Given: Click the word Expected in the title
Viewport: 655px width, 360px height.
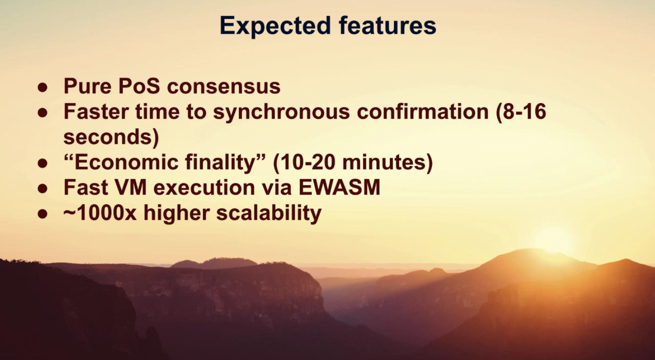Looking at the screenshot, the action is pyautogui.click(x=275, y=27).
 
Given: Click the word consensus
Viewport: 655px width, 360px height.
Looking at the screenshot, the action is pyautogui.click(x=224, y=87).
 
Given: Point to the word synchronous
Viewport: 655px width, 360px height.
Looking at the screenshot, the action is pyautogui.click(x=281, y=112).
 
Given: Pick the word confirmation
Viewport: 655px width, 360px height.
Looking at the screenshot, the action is pyautogui.click(x=423, y=112).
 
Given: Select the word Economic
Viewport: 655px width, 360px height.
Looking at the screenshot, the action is pyautogui.click(x=126, y=162).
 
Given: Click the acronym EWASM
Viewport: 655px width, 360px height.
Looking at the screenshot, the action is pyautogui.click(x=339, y=187).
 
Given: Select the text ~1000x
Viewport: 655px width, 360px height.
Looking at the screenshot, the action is pyautogui.click(x=100, y=213).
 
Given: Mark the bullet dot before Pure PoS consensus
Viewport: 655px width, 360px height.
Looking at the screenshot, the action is pyautogui.click(x=43, y=87).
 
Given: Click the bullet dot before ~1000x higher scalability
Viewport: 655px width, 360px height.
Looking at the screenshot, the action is pyautogui.click(x=43, y=214).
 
